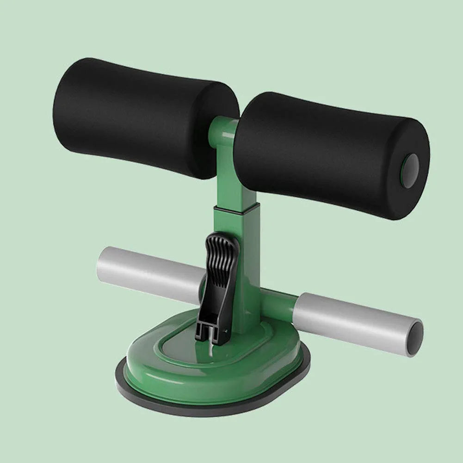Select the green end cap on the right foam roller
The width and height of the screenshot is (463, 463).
pyautogui.click(x=410, y=171)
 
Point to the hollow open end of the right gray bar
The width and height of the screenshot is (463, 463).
pyautogui.click(x=415, y=339)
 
